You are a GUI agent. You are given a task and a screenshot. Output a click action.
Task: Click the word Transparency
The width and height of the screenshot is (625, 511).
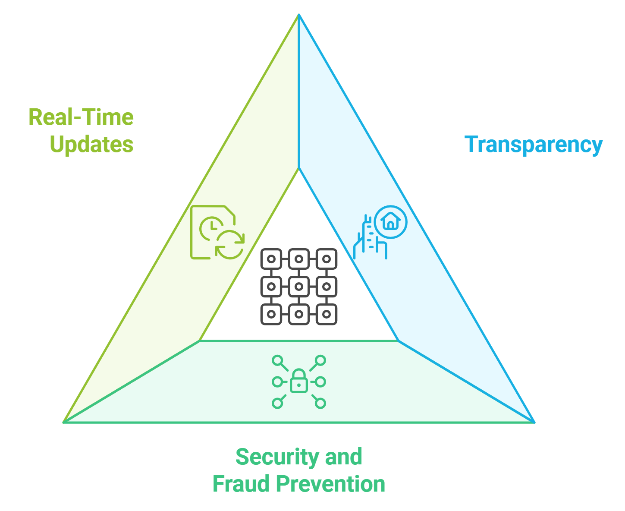(x=534, y=145)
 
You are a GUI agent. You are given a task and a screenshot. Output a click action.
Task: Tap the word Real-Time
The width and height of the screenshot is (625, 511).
(x=81, y=117)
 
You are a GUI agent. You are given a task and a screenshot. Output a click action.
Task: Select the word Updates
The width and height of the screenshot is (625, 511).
(x=92, y=145)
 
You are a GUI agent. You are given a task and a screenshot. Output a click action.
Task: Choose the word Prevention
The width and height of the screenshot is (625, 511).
(x=331, y=484)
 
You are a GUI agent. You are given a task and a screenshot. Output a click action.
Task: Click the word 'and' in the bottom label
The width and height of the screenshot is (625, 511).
(x=344, y=457)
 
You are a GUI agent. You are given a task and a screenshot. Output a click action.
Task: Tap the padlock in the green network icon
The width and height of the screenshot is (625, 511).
(x=299, y=382)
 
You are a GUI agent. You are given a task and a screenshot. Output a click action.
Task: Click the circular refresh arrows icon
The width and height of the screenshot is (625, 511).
(x=230, y=245)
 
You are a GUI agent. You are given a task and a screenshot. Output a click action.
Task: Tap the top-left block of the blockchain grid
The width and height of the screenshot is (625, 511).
(x=271, y=259)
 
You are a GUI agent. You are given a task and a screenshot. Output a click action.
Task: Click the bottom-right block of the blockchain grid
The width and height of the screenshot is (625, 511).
(x=327, y=314)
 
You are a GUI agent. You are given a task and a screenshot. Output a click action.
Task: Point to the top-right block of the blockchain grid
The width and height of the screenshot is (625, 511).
(x=327, y=259)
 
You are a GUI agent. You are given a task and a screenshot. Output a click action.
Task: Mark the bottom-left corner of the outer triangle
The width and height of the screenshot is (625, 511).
(x=64, y=422)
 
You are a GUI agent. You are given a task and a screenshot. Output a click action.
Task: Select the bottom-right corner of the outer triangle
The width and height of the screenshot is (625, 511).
(x=534, y=422)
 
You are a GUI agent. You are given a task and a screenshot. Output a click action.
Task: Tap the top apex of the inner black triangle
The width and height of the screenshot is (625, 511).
(x=298, y=169)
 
